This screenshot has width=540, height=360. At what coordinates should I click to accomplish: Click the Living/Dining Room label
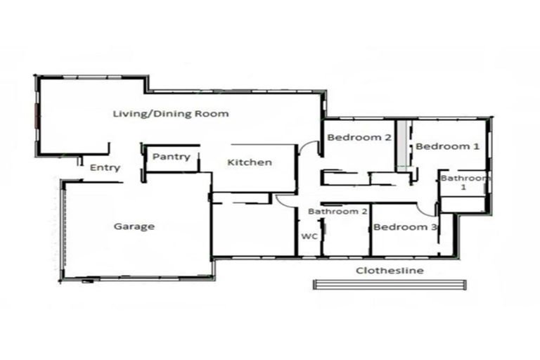coord(171,113)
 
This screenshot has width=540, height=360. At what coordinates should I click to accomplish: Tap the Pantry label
coord(171,157)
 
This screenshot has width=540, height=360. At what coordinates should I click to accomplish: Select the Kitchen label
coord(249,162)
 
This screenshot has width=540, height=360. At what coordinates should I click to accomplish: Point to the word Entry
coord(105,168)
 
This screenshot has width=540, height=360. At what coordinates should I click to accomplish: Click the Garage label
coord(134,226)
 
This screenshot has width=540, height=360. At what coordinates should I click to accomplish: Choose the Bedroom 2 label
coord(359,138)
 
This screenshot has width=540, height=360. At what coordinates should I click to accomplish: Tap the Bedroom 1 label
coord(448,146)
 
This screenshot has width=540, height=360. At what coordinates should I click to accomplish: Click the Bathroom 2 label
coord(338,211)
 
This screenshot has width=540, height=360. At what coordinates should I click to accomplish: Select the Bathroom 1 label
coord(464,183)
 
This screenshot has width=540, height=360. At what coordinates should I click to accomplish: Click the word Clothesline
coord(389,270)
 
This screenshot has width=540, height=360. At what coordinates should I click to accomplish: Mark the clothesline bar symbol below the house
coord(389,284)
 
